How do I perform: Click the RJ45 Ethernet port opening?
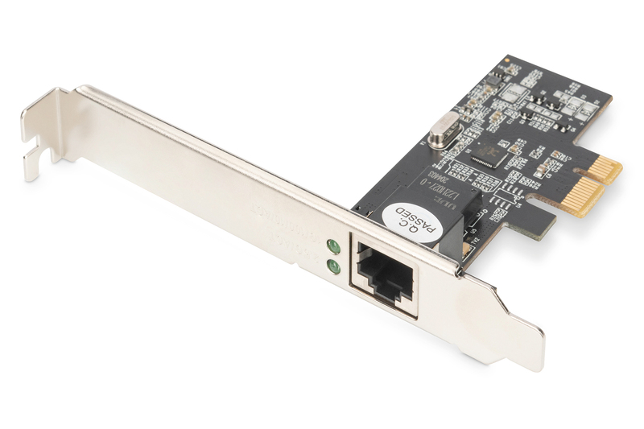click(384, 273)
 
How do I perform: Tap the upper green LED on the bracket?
click(331, 246)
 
